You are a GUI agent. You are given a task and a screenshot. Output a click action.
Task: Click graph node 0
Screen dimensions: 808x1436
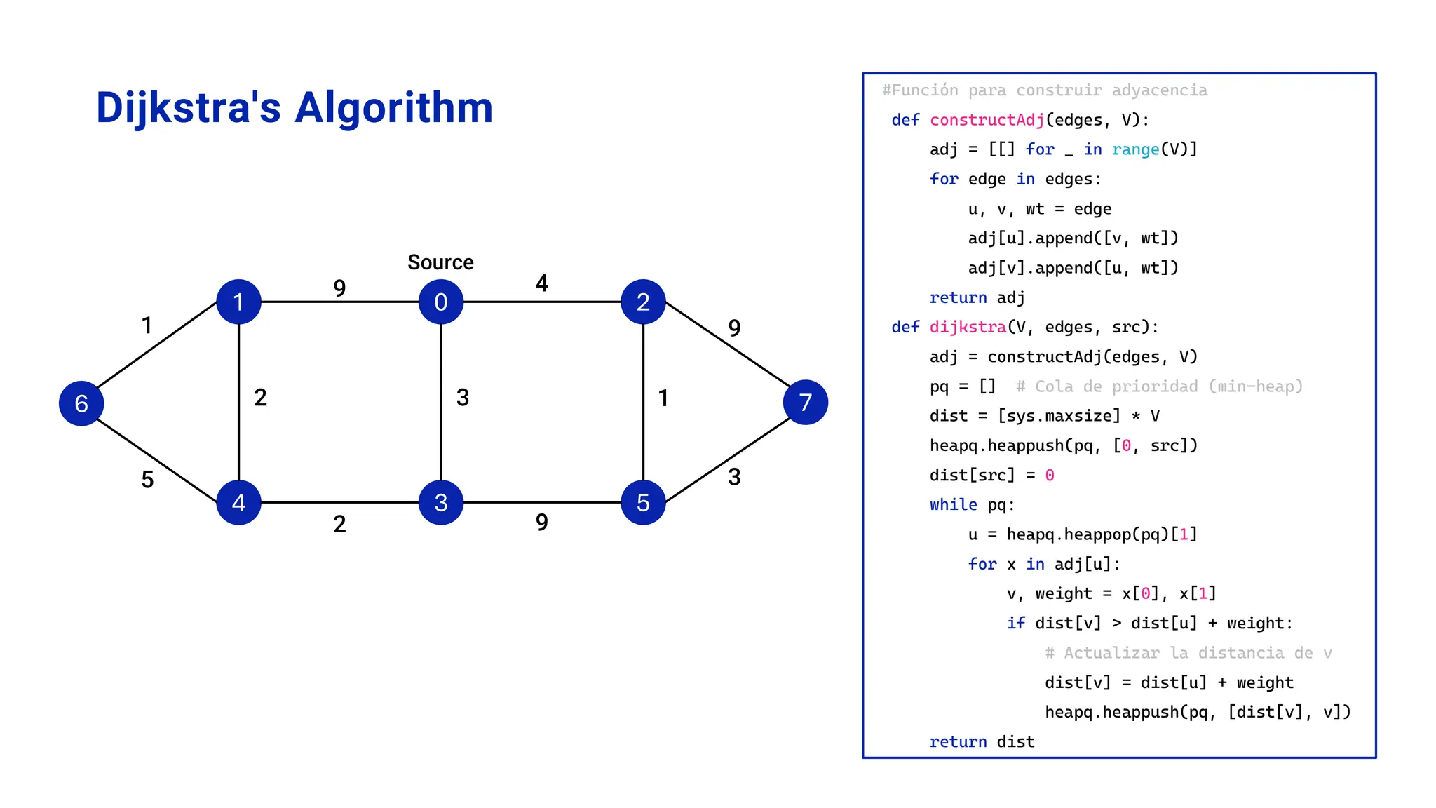pos(440,302)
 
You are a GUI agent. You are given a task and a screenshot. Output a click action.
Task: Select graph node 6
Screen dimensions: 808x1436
pos(81,403)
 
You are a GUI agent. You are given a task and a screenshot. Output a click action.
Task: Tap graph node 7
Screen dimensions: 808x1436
pos(805,402)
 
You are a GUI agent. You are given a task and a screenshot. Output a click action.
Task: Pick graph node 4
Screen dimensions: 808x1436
pos(238,502)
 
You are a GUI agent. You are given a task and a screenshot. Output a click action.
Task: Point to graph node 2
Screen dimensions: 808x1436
pos(643,302)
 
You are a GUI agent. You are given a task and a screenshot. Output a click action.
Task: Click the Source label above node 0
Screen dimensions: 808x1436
pos(440,262)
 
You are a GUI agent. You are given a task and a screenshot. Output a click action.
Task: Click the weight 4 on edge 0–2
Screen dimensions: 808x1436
pos(541,283)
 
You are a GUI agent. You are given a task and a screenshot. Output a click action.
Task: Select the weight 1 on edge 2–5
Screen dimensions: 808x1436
pos(663,398)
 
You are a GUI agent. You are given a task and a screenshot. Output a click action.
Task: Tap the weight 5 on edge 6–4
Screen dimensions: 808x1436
pos(147,480)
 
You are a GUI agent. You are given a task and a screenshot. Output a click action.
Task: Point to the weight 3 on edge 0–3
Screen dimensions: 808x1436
pos(463,398)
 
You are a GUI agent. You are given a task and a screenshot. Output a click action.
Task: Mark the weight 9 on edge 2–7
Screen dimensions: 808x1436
pos(734,328)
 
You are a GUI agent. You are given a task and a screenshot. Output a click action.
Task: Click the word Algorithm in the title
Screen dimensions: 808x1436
pos(393,108)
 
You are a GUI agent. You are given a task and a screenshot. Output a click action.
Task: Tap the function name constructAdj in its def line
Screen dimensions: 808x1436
pos(987,120)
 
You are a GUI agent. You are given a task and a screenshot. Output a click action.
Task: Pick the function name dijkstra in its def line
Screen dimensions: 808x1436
pos(968,327)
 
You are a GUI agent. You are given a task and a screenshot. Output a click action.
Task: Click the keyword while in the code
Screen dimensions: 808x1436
pos(953,505)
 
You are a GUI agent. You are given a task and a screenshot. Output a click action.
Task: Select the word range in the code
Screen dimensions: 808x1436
pos(1135,149)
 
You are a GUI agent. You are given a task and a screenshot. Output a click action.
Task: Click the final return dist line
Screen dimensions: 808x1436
pos(982,741)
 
